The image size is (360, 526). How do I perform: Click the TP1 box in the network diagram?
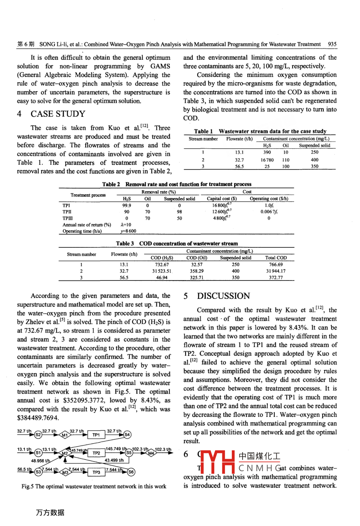click(x=96, y=435)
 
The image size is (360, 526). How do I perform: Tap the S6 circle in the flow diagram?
click(x=131, y=472)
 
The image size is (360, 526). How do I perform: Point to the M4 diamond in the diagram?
click(x=151, y=453)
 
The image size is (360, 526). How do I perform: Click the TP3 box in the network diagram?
click(x=96, y=472)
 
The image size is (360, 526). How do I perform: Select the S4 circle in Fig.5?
click(x=127, y=435)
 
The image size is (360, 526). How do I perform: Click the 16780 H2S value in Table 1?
click(x=267, y=160)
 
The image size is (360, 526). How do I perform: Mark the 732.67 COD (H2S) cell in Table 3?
click(x=162, y=264)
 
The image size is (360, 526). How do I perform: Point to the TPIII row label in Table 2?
click(x=68, y=218)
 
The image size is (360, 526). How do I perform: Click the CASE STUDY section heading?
click(x=58, y=114)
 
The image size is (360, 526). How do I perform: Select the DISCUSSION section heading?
click(x=223, y=296)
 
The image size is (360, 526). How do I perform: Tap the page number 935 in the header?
click(x=332, y=44)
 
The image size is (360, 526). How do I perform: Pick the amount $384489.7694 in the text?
click(x=38, y=418)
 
